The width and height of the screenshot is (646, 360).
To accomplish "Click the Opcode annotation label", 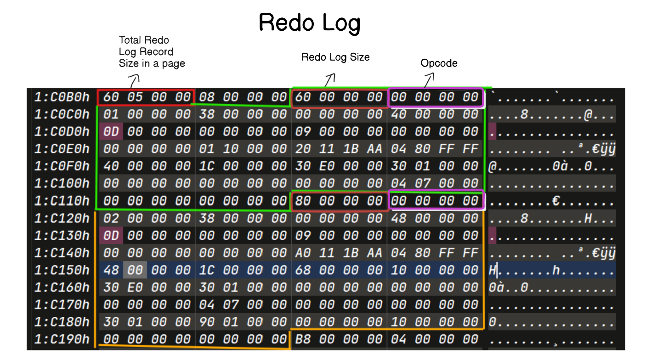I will pos(439,63).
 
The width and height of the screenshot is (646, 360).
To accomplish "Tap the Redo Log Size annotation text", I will pos(335,57).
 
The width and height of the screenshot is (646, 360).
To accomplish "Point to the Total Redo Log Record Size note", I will pos(152,51).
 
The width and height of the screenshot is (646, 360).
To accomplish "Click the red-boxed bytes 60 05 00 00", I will pos(146,97).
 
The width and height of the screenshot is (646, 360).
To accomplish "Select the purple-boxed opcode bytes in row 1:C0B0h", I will pos(436,97).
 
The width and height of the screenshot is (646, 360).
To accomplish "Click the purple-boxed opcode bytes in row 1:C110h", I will pos(436,201).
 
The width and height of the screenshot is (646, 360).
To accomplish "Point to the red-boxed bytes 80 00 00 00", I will pos(339,201).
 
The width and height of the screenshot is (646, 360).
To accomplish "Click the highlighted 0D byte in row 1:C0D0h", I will pos(111,132).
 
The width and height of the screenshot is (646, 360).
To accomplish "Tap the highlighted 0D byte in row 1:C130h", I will pos(111,235).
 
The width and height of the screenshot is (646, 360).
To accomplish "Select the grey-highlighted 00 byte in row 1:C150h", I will pos(135,270).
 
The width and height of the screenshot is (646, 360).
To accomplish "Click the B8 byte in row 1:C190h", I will pos(303,339).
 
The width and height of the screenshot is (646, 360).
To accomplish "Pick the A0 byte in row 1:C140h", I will pos(303,253).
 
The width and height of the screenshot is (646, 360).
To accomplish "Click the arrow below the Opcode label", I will pos(428,81).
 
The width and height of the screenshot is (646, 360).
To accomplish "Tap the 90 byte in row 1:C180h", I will pos(207,322).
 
